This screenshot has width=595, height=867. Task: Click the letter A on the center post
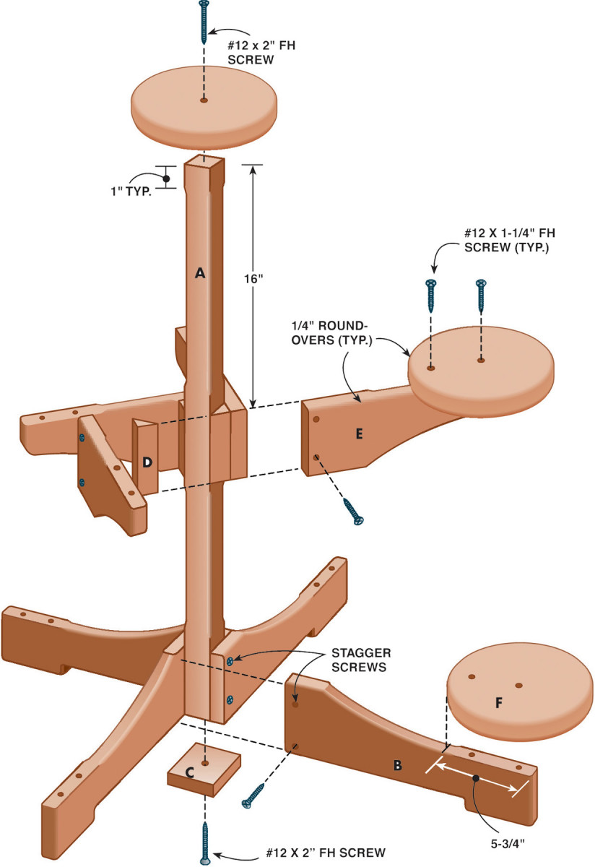pos(201,273)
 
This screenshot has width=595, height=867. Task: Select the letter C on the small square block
pos(189,772)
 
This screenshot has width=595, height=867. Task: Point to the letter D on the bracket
pos(147,462)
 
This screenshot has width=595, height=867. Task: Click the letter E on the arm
pos(359,433)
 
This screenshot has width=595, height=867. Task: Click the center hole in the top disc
pos(204,101)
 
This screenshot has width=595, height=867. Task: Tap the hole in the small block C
pos(205,763)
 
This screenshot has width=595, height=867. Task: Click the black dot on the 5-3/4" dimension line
pos(476,778)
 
